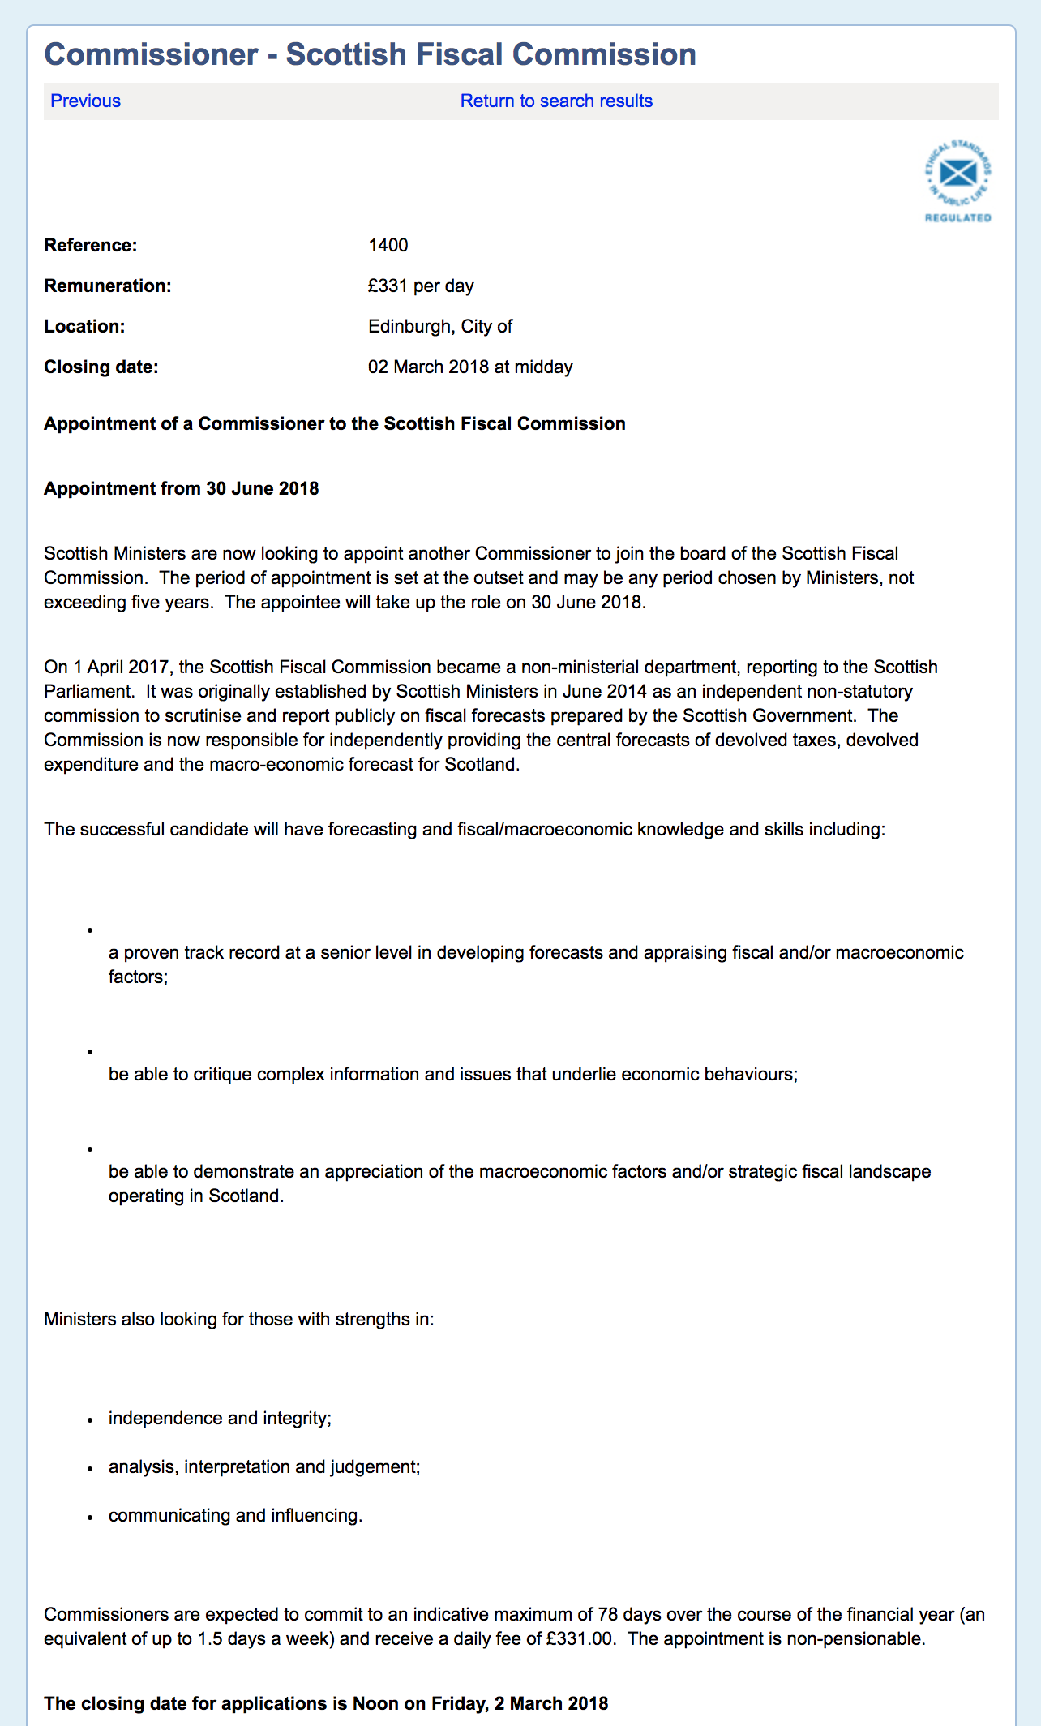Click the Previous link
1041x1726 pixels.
click(85, 101)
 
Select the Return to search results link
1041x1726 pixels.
click(556, 101)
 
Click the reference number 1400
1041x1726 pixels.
click(388, 245)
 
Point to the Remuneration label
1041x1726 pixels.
click(108, 286)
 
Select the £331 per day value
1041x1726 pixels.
click(421, 286)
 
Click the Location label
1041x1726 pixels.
click(84, 326)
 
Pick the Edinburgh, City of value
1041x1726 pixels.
click(440, 326)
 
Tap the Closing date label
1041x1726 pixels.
click(101, 367)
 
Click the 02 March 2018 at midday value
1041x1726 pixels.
click(470, 367)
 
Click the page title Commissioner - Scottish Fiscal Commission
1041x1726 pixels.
click(370, 54)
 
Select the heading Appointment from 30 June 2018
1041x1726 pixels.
click(182, 488)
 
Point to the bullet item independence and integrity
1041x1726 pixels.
click(220, 1418)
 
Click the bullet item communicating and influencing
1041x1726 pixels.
click(235, 1515)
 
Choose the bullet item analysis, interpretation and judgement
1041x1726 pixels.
click(264, 1466)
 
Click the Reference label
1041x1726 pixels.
click(91, 245)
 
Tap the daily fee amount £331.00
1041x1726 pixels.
click(580, 1638)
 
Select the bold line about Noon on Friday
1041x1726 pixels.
click(326, 1703)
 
